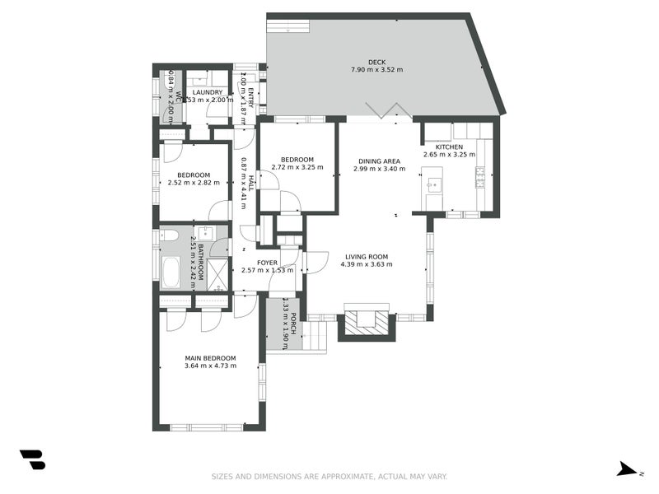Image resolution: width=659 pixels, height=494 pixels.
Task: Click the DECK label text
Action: (376, 62)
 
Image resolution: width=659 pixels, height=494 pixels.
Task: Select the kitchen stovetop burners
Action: (479, 177)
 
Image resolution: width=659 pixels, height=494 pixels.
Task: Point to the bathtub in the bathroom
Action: (171, 273)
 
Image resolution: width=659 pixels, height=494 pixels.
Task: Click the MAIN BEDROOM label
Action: (210, 358)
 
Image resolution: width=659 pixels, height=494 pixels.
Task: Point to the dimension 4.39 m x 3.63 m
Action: (367, 264)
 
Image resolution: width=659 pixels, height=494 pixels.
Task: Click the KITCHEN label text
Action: (460, 147)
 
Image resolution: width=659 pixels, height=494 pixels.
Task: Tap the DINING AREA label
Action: (376, 161)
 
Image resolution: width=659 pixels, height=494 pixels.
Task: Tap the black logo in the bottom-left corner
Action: (32, 459)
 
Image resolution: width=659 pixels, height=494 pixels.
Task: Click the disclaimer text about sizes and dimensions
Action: (329, 476)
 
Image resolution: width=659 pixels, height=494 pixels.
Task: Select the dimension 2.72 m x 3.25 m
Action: (297, 167)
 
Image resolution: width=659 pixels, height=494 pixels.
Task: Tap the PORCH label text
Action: (283, 324)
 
